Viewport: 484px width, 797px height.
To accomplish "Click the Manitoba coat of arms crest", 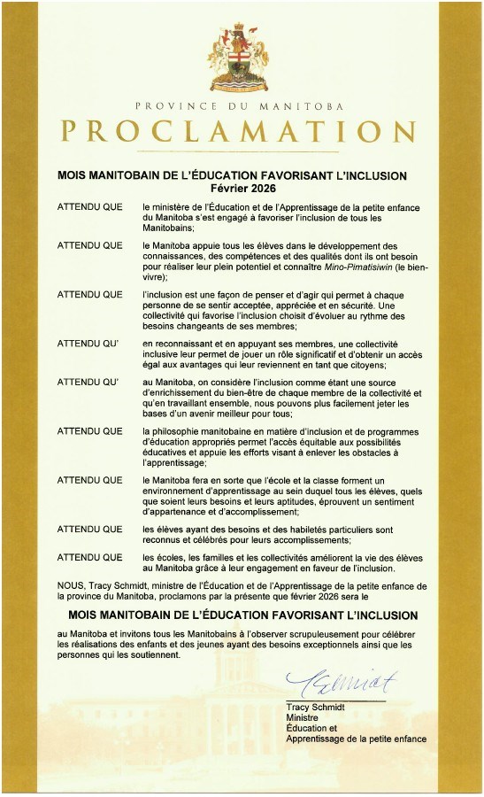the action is (241, 57).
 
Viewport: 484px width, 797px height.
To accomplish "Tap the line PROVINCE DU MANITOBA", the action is (241, 104).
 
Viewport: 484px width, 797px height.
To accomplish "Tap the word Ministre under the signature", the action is (302, 718).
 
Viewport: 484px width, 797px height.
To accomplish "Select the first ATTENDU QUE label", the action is (89, 205).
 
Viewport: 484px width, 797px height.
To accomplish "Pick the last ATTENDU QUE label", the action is (89, 557).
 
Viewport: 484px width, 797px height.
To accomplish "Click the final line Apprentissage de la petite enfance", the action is (356, 739).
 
